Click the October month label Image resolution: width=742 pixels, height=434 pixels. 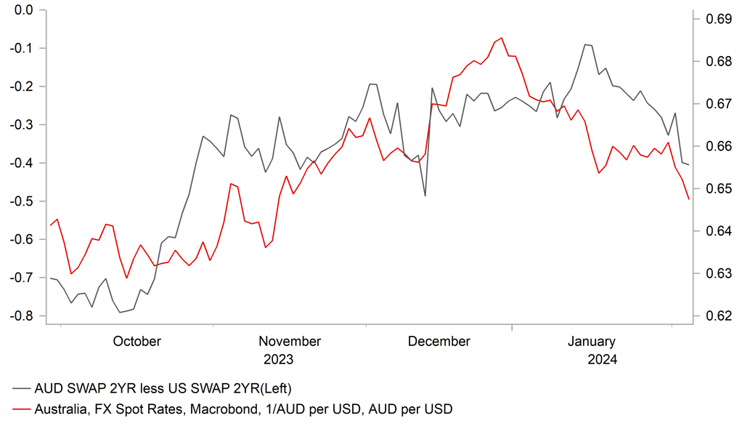(x=137, y=342)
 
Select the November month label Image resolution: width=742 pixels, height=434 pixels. (x=290, y=342)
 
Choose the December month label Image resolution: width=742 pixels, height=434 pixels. (x=439, y=342)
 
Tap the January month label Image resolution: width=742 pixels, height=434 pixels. (x=591, y=342)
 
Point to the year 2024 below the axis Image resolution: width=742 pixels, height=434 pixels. (x=602, y=360)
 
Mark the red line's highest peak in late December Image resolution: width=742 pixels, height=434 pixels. (x=502, y=38)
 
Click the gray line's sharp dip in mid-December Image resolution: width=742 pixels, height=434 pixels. (x=425, y=196)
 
